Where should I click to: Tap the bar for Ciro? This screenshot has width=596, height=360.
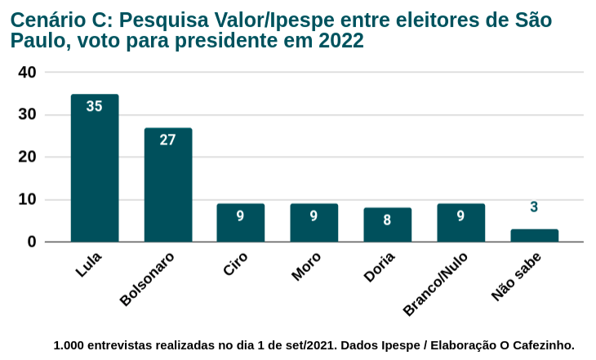[x=241, y=223]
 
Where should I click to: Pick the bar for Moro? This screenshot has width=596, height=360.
[x=314, y=223]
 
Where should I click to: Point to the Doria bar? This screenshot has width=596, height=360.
[x=387, y=224]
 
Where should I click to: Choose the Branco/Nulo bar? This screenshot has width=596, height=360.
[x=460, y=223]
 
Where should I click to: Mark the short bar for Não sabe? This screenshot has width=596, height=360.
[x=534, y=235]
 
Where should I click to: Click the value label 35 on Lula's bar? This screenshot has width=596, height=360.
[x=95, y=106]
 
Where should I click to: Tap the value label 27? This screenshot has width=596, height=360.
[x=168, y=140]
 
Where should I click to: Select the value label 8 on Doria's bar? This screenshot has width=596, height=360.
[x=387, y=220]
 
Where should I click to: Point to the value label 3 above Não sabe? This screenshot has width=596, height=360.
[x=534, y=207]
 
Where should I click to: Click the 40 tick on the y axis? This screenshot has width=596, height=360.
[x=27, y=73]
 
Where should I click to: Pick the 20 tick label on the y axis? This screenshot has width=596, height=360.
[x=27, y=157]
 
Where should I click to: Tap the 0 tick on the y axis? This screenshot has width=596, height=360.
[x=32, y=242]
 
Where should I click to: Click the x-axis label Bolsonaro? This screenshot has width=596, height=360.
[x=148, y=279]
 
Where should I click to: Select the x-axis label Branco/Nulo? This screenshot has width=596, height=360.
[x=436, y=282]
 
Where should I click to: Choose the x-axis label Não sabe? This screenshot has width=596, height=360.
[x=517, y=277]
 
